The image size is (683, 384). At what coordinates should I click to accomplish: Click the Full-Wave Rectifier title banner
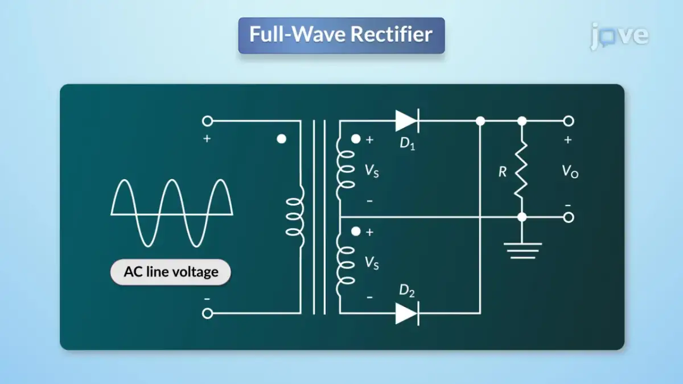click(341, 35)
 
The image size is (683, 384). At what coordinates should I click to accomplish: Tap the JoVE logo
click(619, 35)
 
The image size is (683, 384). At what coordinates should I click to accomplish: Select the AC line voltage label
click(171, 271)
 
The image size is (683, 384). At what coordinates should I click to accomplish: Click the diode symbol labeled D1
click(407, 121)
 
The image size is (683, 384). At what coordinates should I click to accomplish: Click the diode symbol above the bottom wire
click(407, 313)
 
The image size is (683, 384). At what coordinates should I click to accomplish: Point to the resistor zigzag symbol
click(521, 169)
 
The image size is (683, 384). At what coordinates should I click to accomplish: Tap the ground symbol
click(522, 249)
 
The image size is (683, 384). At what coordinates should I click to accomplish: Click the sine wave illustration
click(172, 213)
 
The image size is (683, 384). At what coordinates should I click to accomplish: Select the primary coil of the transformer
click(295, 217)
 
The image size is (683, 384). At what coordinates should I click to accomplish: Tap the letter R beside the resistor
click(502, 171)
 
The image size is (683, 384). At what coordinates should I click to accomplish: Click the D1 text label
click(407, 143)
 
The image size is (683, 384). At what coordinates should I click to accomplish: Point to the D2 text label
click(407, 291)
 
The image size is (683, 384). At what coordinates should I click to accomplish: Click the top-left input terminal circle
click(208, 121)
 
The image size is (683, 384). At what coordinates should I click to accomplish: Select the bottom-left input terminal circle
click(208, 313)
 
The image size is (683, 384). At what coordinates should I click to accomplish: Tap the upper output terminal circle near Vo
click(568, 121)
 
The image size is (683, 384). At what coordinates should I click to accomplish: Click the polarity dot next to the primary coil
click(281, 139)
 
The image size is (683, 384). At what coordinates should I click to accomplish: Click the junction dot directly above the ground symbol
click(522, 217)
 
